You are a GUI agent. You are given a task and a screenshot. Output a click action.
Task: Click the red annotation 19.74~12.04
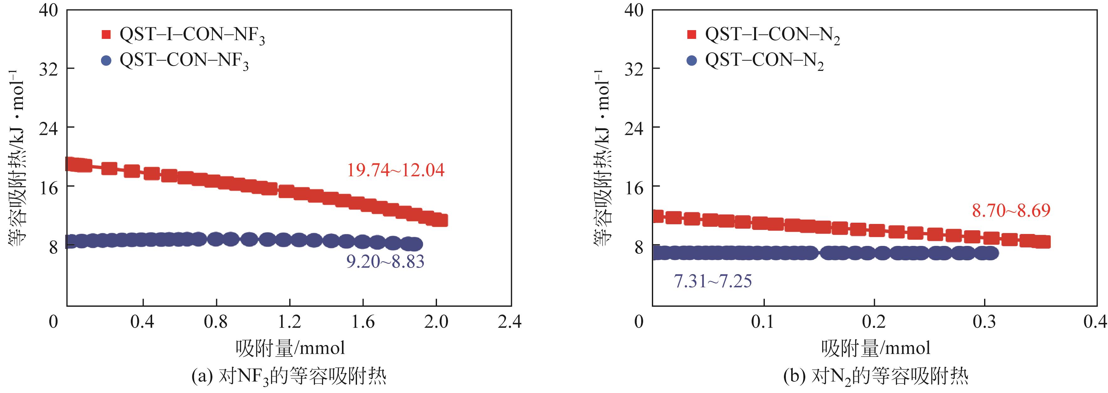395,170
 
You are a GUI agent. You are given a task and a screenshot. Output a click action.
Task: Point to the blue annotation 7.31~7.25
712,281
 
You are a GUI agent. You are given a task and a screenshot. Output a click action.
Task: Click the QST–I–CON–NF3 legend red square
106,35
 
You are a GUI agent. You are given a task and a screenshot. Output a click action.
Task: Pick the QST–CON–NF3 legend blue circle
106,61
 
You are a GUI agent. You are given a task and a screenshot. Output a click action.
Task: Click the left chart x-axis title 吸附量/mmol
290,348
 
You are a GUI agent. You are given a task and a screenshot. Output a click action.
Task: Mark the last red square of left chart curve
441,220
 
